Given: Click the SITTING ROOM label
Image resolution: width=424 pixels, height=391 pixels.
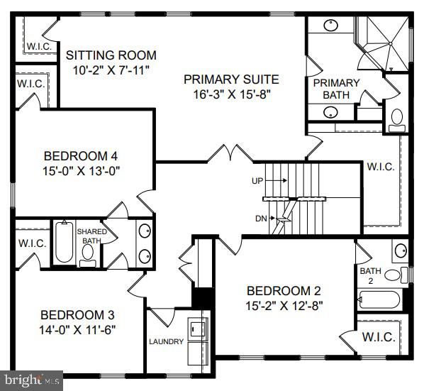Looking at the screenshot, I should pyautogui.click(x=111, y=55).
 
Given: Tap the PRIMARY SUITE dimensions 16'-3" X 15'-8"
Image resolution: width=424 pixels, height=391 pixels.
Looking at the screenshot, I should pyautogui.click(x=231, y=93).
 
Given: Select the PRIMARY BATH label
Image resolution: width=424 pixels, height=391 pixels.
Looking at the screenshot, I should pyautogui.click(x=336, y=89).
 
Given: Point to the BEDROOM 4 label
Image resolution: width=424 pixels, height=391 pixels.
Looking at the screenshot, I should pyautogui.click(x=82, y=156).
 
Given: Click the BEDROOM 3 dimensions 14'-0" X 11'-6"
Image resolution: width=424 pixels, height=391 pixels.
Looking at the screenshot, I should pyautogui.click(x=78, y=329).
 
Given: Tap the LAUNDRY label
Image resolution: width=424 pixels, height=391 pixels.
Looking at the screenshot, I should pyautogui.click(x=167, y=341).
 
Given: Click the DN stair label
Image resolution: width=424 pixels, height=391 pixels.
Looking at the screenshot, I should pyautogui.click(x=262, y=218).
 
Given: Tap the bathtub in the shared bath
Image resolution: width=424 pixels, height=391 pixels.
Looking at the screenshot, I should pyautogui.click(x=64, y=243).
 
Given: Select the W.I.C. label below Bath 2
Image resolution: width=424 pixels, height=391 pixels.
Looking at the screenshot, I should pyautogui.click(x=378, y=338).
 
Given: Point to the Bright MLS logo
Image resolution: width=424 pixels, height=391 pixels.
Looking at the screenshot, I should pyautogui.click(x=31, y=381).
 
